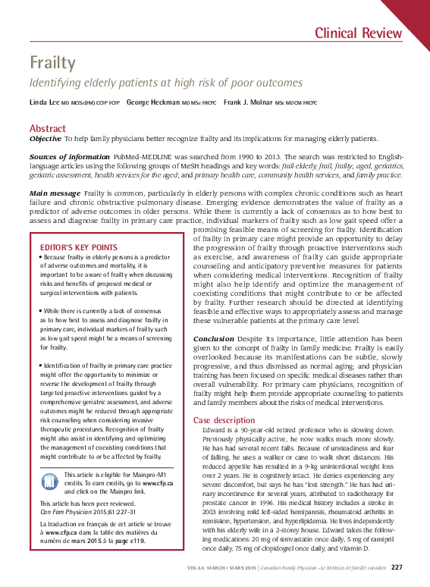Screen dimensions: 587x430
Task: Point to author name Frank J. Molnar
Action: pos(248,102)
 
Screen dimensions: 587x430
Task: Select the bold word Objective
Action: pos(46,139)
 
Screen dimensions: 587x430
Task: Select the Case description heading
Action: pos(224,419)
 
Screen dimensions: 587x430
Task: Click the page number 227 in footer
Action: pos(397,567)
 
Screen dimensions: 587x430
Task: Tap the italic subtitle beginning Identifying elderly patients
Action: pos(165,83)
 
